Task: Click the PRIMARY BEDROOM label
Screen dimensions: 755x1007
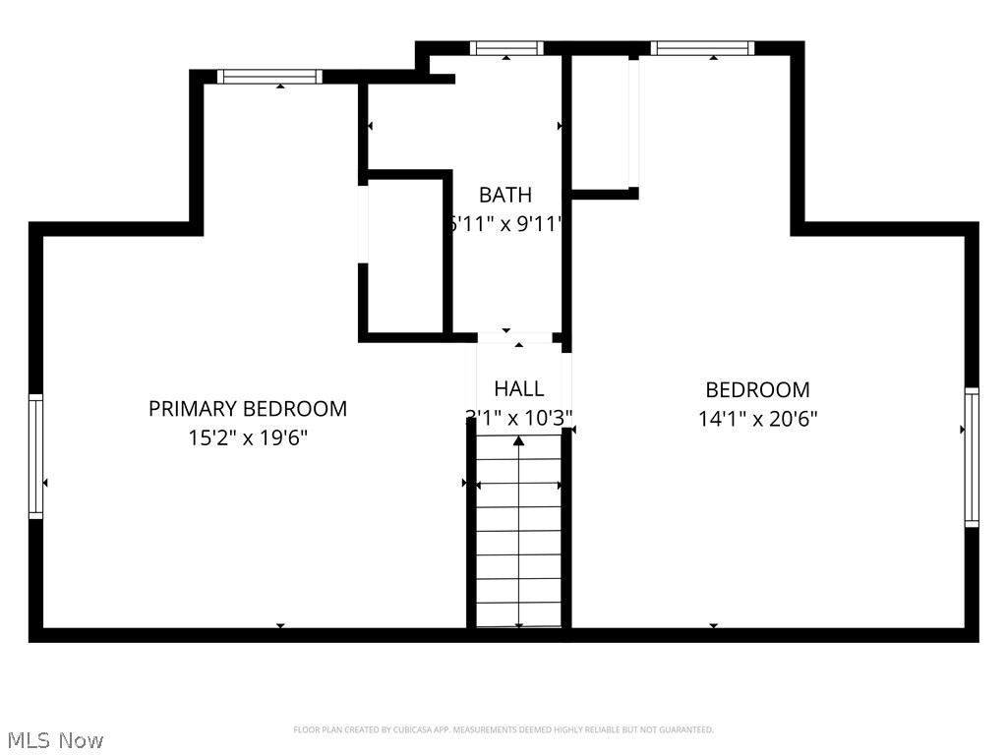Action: click(248, 408)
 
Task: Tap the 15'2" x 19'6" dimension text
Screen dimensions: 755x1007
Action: click(248, 438)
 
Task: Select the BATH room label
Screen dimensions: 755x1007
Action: click(505, 195)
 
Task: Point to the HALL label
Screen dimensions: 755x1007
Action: click(518, 388)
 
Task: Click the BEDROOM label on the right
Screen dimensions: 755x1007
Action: click(757, 389)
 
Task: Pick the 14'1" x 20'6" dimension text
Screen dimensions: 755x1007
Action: click(757, 419)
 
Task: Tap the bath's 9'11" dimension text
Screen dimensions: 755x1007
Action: click(537, 224)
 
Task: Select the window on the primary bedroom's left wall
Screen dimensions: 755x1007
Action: click(36, 455)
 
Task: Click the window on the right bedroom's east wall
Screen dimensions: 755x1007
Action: click(972, 457)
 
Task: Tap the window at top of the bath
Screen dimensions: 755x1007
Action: click(506, 47)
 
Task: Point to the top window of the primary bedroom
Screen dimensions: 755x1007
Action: click(269, 77)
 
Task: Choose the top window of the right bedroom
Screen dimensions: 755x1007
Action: click(702, 47)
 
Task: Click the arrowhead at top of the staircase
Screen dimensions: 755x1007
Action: click(518, 441)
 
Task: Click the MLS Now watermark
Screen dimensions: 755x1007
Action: click(55, 739)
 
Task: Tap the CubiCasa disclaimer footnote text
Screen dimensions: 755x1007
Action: click(503, 729)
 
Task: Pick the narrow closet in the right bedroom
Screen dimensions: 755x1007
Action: click(602, 123)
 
